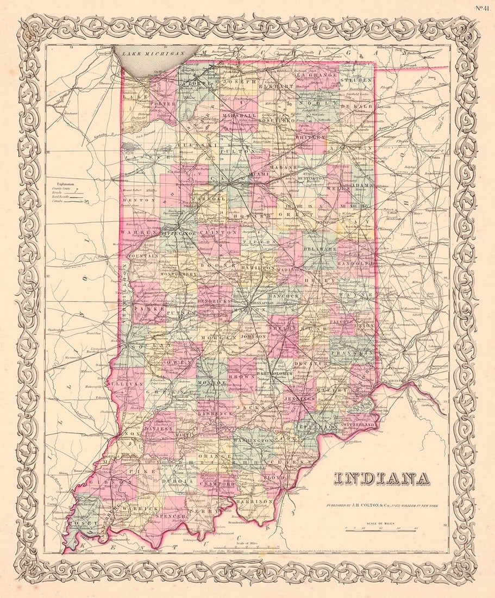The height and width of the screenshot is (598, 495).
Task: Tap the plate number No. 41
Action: tap(481, 8)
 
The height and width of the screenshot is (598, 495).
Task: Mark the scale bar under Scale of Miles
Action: tap(380, 528)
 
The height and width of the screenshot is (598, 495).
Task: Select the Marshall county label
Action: tap(239, 116)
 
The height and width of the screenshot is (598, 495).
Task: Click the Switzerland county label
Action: tap(358, 424)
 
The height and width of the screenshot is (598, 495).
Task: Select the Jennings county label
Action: tap(299, 399)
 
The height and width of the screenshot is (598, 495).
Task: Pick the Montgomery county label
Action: tap(178, 275)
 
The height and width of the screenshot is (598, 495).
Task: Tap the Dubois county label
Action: tap(178, 481)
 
